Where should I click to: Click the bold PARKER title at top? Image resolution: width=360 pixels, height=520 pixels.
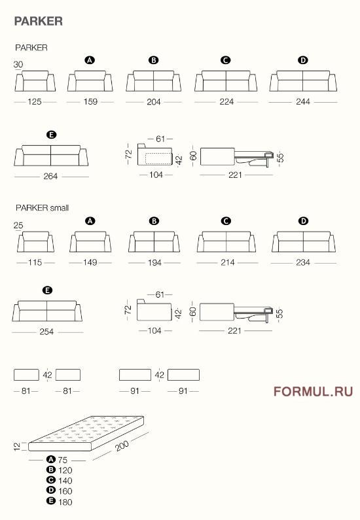click(x=39, y=22)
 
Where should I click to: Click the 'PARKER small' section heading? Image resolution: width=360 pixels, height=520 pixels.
click(x=43, y=208)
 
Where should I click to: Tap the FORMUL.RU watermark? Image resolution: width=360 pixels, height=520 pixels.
click(x=313, y=392)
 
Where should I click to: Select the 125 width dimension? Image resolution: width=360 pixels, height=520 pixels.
click(x=35, y=103)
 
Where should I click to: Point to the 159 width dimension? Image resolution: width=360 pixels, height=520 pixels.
click(x=90, y=103)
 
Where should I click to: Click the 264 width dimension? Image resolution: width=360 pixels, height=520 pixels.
click(x=50, y=176)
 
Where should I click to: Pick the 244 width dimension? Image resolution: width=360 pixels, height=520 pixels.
click(x=302, y=103)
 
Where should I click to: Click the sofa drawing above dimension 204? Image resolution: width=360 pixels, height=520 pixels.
click(x=153, y=80)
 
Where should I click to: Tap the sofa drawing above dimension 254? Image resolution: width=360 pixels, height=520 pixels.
click(x=47, y=310)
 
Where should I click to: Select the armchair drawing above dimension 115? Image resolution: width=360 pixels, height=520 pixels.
click(x=35, y=242)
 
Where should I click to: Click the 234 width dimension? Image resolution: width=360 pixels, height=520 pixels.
click(x=303, y=262)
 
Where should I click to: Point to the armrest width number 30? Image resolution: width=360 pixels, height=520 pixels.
click(x=18, y=64)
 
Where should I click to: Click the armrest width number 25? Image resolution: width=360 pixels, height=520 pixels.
click(x=18, y=226)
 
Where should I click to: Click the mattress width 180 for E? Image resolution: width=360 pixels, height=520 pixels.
click(x=64, y=502)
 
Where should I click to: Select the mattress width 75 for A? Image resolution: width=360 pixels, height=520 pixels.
click(x=62, y=460)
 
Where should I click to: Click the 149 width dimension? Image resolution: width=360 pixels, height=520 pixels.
click(x=90, y=262)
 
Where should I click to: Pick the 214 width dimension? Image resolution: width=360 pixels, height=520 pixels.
click(x=226, y=262)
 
